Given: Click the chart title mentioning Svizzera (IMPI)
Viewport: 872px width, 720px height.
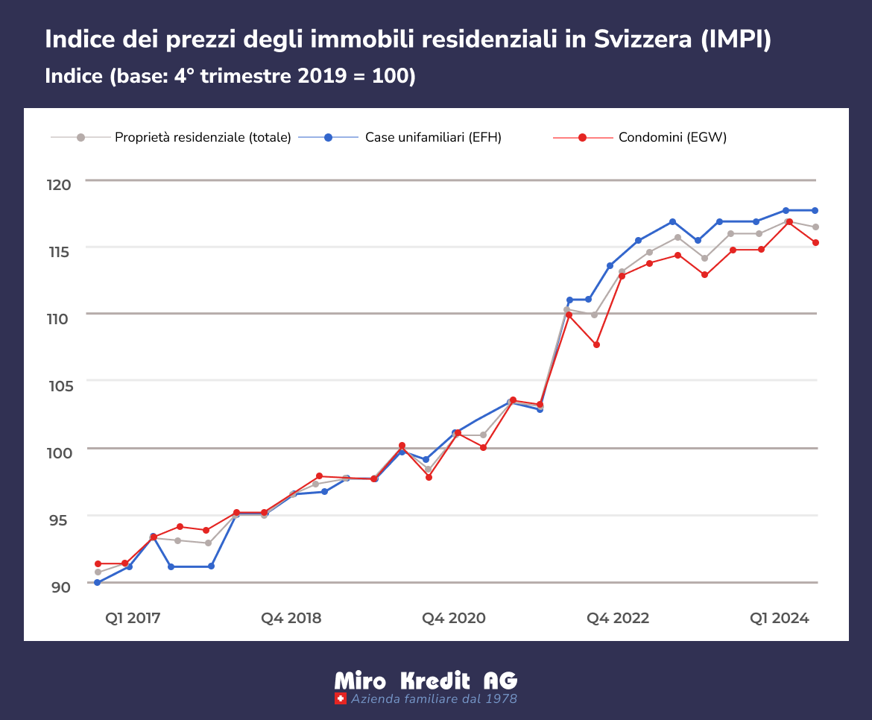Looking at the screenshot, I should (x=408, y=40).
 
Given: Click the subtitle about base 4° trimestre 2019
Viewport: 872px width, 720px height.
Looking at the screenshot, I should (x=230, y=76).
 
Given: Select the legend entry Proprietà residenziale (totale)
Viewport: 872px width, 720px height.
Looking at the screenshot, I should (x=202, y=137).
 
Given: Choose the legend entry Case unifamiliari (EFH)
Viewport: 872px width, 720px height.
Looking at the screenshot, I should (x=433, y=137).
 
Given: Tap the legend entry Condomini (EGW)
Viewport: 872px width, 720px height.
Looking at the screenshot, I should (x=672, y=137).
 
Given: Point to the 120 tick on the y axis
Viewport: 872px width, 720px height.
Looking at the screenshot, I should (x=60, y=184).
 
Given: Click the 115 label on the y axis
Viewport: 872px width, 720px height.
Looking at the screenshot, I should (x=60, y=251).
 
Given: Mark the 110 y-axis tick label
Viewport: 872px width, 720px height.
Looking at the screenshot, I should (x=60, y=318).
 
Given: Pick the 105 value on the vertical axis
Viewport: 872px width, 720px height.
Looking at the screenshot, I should (x=60, y=385).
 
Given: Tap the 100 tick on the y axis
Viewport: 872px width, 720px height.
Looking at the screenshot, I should (x=60, y=452).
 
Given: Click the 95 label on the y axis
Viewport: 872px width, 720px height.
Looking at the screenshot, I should (x=61, y=520).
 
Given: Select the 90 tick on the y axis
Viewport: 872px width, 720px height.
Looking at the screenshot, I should (x=61, y=587).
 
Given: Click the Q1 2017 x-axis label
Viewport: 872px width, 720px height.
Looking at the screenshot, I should (x=133, y=618).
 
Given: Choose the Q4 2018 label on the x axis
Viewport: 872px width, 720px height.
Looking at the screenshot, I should (x=291, y=618).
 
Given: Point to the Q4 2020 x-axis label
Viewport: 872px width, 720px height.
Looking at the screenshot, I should (x=454, y=618).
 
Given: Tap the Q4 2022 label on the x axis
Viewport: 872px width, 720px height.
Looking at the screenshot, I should (x=618, y=618).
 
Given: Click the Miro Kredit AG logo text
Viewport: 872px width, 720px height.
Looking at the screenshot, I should (x=426, y=680).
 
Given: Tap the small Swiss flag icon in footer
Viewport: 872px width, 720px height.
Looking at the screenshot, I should (x=341, y=699).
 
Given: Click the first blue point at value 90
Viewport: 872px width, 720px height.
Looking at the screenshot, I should (x=97, y=582).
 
